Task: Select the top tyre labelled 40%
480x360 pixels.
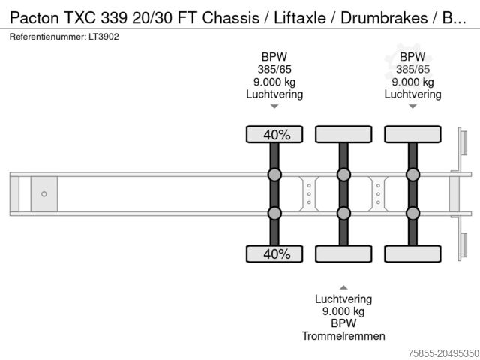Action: tap(274, 134)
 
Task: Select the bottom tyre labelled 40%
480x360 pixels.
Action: tap(274, 253)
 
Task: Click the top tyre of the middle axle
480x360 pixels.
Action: tap(343, 134)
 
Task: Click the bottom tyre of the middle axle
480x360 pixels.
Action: tap(343, 253)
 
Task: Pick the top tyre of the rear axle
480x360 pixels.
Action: tap(412, 134)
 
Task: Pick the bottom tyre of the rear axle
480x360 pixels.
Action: tap(412, 253)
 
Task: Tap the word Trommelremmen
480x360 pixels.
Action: tap(343, 335)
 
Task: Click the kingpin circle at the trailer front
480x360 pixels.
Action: tap(44, 194)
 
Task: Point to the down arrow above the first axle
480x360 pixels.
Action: tap(274, 106)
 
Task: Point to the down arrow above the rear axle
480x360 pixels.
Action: tap(412, 106)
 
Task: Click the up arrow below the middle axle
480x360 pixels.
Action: tap(343, 286)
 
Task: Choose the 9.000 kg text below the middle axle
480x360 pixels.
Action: tap(343, 311)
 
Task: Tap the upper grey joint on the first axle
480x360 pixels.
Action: tap(274, 175)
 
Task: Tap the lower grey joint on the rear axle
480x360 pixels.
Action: tap(412, 214)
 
